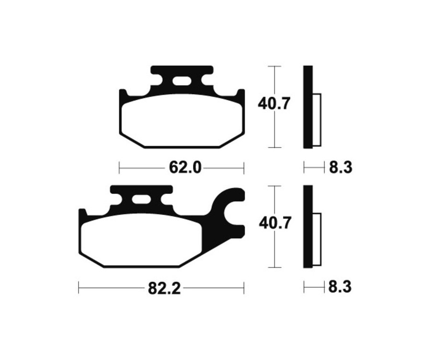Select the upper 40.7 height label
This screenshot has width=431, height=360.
[x=274, y=103]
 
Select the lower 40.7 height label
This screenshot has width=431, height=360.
[x=274, y=224]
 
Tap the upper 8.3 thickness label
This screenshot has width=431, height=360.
[x=340, y=168]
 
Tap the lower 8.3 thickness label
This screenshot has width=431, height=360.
[x=340, y=287]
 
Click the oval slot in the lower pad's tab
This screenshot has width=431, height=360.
[x=141, y=201]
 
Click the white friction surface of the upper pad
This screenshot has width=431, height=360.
[x=181, y=120]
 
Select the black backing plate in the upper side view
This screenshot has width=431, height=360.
[x=308, y=106]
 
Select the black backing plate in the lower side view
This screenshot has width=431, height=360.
[x=308, y=226]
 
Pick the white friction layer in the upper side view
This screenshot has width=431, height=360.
[x=316, y=120]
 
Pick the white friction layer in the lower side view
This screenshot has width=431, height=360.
[x=316, y=239]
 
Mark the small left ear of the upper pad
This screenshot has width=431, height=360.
[x=122, y=94]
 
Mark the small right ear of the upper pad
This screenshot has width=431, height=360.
[x=241, y=94]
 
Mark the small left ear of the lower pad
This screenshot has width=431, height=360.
[x=82, y=214]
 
